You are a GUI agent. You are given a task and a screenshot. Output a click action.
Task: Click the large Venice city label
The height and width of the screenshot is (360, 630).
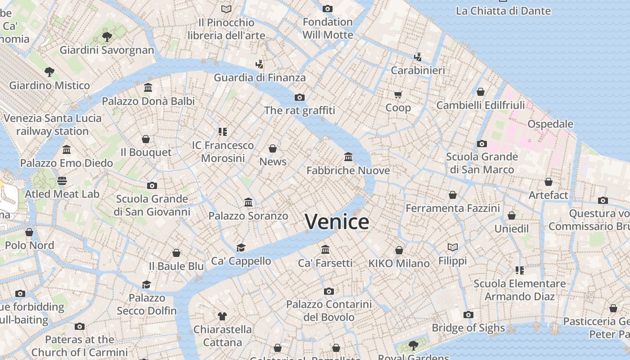337,222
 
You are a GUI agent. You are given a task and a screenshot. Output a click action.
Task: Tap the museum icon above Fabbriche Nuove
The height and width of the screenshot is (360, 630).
348,157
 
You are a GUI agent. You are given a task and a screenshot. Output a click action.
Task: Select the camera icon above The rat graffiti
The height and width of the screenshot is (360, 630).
300,97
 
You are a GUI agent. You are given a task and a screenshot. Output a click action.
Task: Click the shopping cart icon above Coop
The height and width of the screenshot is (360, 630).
398,94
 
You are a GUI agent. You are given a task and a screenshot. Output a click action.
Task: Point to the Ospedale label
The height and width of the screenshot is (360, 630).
550,124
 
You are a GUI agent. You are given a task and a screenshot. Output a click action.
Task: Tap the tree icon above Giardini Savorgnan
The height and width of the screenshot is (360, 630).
107,36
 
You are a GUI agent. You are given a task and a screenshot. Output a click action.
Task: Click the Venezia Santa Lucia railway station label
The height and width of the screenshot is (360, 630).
53,125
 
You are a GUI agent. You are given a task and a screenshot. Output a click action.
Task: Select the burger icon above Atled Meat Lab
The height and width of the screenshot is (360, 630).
62,181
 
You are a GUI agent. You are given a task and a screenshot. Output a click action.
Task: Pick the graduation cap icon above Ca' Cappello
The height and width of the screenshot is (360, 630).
241,247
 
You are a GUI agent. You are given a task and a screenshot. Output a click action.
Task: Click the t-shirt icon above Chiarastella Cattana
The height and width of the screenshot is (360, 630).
222,316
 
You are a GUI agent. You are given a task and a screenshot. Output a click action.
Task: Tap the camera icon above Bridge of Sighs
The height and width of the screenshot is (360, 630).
468,315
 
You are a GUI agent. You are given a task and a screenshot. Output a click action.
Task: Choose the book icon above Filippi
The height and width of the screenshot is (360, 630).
453,247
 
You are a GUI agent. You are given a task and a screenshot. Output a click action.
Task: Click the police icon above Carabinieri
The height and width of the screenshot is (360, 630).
418,57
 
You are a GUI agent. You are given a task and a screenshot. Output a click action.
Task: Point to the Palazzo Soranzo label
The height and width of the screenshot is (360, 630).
248,216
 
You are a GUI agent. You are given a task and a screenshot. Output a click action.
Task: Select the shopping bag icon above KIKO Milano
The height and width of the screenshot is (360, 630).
399,250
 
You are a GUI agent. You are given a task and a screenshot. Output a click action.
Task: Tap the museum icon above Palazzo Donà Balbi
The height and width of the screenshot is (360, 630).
148,87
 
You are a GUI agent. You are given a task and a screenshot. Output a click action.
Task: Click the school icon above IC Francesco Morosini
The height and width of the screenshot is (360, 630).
223,131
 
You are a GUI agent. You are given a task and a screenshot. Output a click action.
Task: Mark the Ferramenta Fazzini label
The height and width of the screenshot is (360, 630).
453,208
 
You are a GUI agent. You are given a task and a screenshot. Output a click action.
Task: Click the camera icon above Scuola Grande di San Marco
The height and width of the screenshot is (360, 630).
482,144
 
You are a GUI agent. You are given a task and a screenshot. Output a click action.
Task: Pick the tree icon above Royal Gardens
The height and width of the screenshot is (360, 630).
413,346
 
